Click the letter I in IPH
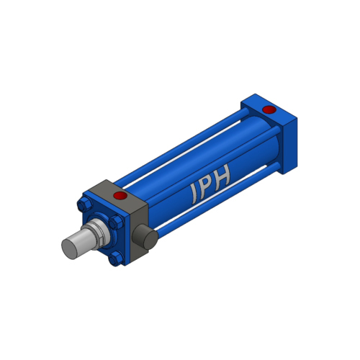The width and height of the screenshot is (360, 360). click(195, 194)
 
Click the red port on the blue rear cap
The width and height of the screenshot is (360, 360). click(269, 109)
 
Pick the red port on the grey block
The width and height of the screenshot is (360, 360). click(120, 195)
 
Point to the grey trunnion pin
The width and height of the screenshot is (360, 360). click(145, 237)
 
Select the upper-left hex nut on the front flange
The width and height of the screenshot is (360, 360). click(84, 204)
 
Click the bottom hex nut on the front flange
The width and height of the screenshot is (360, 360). click(116, 258)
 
